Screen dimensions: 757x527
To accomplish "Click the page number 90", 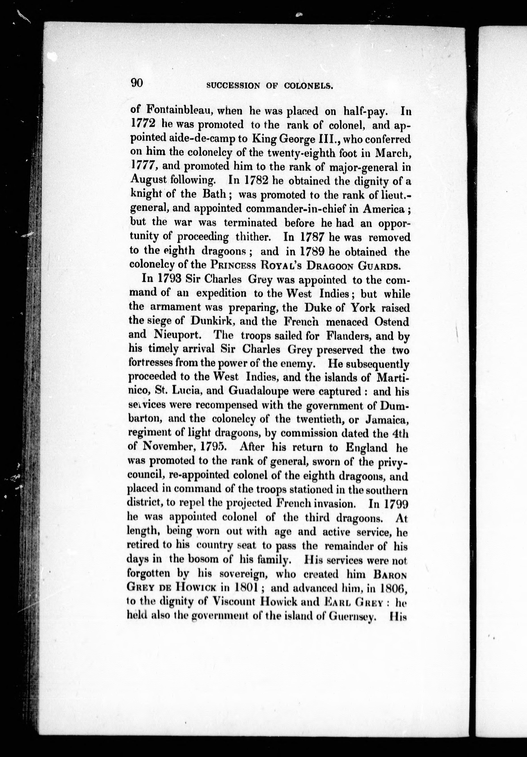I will (137, 83).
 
